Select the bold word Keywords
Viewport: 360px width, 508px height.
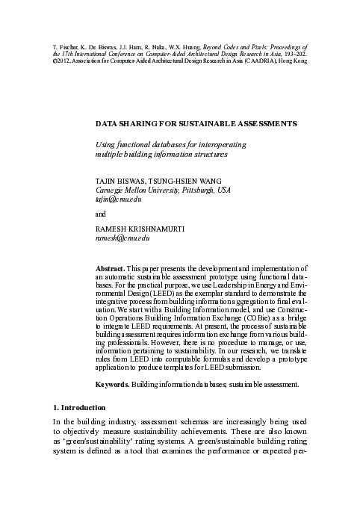113,385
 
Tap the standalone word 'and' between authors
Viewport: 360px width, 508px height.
102,214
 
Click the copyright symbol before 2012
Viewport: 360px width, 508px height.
55,61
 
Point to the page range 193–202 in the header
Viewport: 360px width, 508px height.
291,54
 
